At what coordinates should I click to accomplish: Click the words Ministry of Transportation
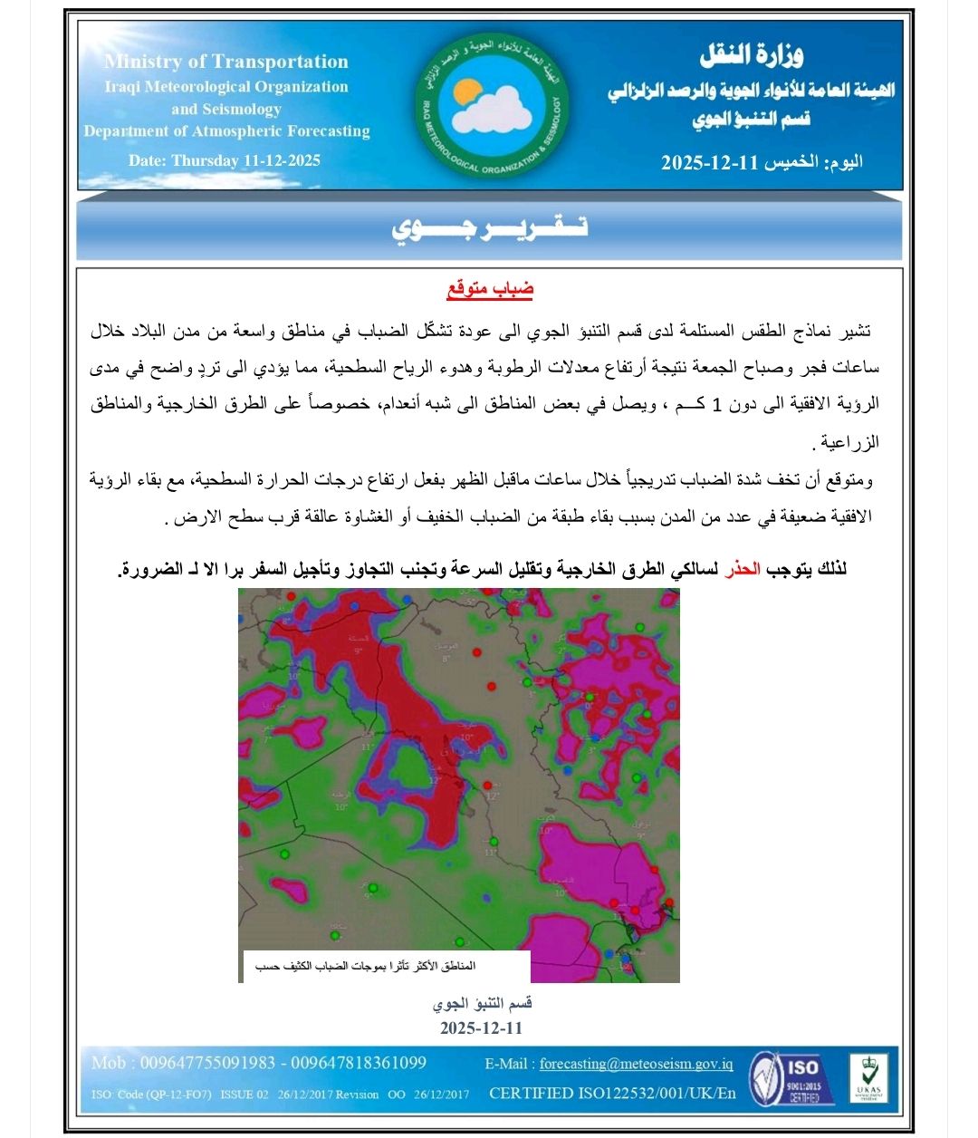pos(226,62)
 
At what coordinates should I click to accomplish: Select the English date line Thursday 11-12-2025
pos(225,160)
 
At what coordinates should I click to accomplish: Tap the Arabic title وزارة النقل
pos(752,56)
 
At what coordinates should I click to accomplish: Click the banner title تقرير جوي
pos(490,227)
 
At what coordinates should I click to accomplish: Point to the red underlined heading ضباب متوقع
pos(490,290)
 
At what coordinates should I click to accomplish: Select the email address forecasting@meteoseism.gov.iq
pos(636,1064)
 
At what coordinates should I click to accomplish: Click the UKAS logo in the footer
pos(867,1078)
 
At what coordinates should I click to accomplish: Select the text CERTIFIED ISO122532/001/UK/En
pos(612,1093)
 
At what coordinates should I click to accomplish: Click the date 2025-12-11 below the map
pos(482,1028)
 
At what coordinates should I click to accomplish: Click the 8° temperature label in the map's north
pos(446,659)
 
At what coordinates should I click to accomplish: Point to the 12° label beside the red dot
pos(493,796)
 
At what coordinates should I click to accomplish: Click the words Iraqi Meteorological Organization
pos(225,87)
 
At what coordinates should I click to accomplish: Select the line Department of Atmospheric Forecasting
pos(227,130)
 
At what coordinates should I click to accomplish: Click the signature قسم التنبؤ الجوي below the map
pos(482,1004)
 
